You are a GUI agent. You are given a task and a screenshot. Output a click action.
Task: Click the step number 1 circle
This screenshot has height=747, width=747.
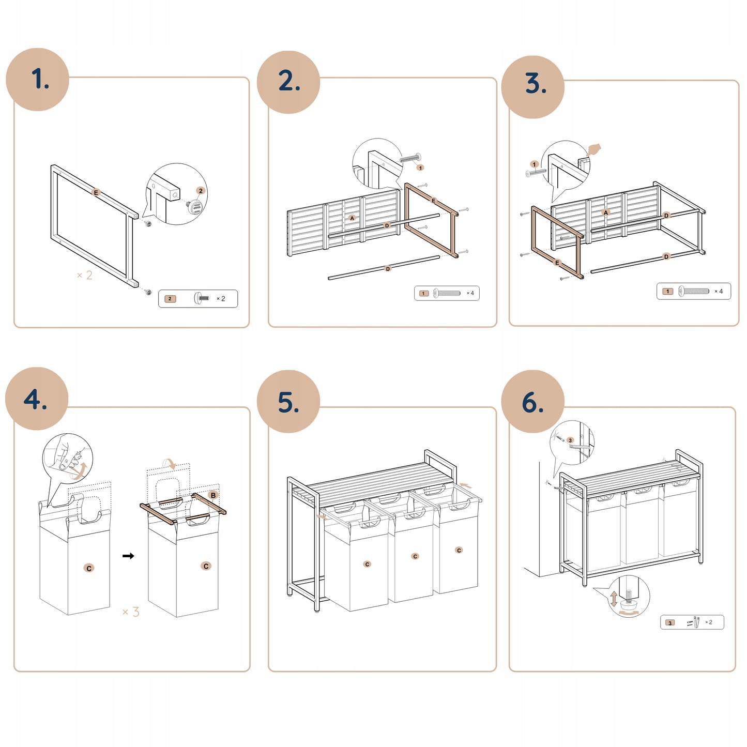tap(38, 80)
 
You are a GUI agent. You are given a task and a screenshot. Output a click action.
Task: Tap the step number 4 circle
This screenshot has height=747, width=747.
tap(37, 399)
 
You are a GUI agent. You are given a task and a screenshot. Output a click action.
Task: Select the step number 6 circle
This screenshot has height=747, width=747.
tap(532, 402)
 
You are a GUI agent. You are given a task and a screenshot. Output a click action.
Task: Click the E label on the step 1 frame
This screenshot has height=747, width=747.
tap(96, 192)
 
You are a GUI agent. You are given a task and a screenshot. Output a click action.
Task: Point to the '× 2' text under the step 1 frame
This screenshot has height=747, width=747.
tap(84, 275)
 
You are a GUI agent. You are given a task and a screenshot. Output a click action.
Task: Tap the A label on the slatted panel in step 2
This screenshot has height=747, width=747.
tap(352, 218)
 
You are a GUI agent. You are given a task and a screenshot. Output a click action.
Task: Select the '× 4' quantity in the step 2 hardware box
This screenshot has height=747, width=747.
tap(470, 293)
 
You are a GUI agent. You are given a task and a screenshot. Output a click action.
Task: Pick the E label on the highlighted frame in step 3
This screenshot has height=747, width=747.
tap(557, 263)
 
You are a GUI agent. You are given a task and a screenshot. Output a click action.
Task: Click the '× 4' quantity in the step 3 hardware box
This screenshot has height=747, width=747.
tap(719, 291)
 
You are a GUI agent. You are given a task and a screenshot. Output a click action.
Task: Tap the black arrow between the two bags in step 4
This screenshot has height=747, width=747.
tap(128, 556)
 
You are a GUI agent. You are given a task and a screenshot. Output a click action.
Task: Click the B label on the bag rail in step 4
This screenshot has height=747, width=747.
tap(213, 495)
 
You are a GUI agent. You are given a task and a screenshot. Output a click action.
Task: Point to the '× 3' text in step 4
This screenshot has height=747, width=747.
tap(131, 612)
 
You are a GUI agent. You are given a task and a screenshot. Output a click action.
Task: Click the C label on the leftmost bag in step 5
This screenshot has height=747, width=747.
tap(367, 564)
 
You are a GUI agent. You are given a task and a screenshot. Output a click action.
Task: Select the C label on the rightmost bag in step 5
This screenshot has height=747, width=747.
tap(459, 550)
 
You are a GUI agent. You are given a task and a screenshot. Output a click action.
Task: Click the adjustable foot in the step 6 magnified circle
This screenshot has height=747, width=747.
tap(629, 602)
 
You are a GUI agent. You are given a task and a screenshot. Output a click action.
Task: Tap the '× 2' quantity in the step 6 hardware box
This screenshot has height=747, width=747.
tap(709, 622)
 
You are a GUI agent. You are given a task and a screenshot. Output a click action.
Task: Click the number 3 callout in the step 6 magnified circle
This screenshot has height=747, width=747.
tap(570, 440)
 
